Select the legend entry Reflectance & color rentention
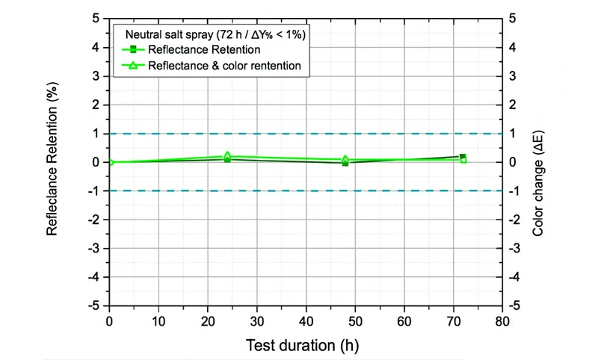tap(224, 66)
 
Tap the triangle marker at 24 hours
tap(227, 156)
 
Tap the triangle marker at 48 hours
tap(345, 159)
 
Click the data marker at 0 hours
tap(111, 162)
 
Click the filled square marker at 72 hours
tap(463, 157)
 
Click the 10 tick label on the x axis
tap(158, 320)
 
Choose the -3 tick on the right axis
tap(514, 248)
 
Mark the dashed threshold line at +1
tap(299, 134)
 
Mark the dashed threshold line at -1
tap(299, 190)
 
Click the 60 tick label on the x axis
tap(404, 320)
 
